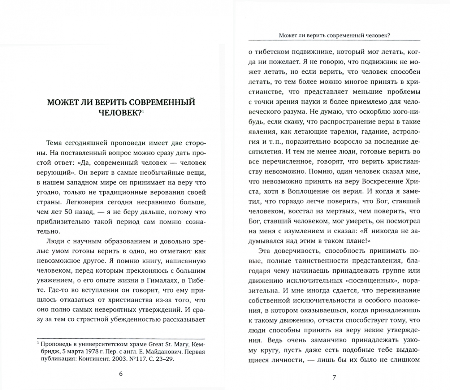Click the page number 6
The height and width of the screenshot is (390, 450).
click(121, 374)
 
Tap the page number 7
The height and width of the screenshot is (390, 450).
click(334, 378)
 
